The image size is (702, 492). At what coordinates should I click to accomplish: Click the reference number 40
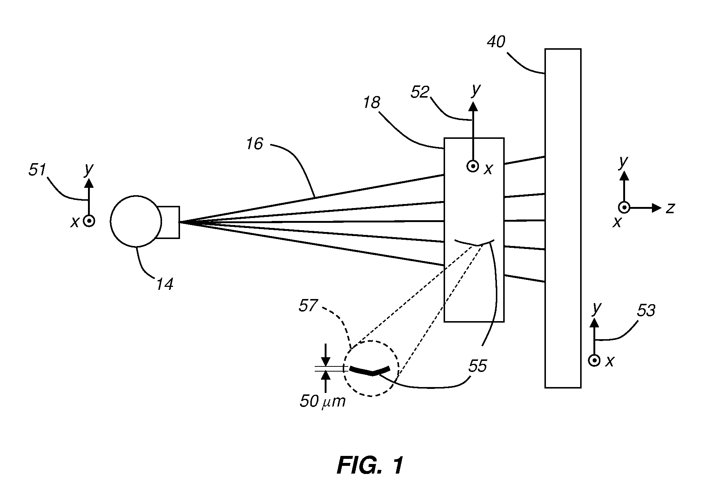click(496, 42)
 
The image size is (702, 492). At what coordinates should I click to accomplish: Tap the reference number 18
click(371, 102)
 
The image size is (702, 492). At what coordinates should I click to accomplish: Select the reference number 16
click(255, 144)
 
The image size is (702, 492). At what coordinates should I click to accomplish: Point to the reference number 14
click(164, 284)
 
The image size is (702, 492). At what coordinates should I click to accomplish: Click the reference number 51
click(38, 171)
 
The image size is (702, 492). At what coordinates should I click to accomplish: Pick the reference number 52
click(420, 92)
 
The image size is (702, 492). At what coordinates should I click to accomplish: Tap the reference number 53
click(646, 311)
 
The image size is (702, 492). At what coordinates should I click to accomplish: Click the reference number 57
click(308, 306)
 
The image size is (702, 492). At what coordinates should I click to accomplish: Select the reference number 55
click(477, 366)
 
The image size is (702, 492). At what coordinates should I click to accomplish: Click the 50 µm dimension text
click(323, 401)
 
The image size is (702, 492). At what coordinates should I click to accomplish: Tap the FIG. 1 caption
click(370, 465)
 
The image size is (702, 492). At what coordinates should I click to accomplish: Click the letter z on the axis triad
click(670, 208)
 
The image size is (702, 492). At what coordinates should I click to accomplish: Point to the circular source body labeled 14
click(136, 221)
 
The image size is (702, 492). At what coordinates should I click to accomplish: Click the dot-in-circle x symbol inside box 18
click(472, 166)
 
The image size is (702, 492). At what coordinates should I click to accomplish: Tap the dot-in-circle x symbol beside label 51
click(89, 221)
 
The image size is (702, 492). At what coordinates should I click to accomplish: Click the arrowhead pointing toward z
click(657, 208)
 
